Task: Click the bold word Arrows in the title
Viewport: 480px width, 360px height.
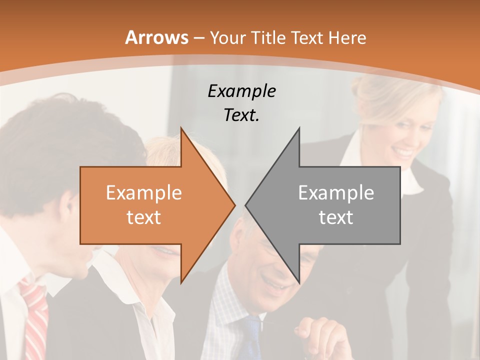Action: [x=156, y=38]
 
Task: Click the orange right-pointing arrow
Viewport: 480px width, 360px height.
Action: [x=150, y=205]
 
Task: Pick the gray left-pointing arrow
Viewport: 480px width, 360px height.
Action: [x=330, y=205]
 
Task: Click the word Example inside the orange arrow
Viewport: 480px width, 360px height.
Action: [x=144, y=193]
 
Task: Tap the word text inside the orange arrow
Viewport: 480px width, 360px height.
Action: [x=144, y=217]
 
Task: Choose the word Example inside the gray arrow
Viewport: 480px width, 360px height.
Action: [x=336, y=193]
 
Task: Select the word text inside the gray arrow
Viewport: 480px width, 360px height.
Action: [x=336, y=217]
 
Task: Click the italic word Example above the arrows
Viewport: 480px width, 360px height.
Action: [x=241, y=91]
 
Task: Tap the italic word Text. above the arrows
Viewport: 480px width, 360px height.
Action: [x=241, y=115]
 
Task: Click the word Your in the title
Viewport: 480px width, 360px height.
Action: [x=228, y=38]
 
